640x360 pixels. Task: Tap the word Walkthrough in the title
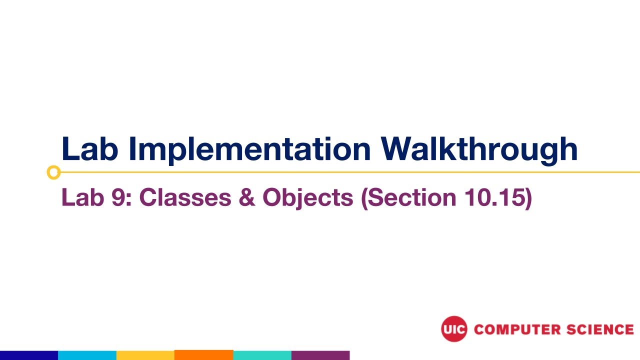tap(479, 148)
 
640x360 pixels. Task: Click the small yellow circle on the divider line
tap(53, 172)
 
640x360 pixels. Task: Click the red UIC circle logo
tap(454, 329)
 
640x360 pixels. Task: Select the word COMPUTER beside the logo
tap(517, 329)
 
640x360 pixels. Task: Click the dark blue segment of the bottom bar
tap(29, 355)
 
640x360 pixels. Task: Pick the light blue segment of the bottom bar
tap(87, 355)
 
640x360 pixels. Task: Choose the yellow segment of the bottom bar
tap(145, 355)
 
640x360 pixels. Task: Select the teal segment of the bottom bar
tap(262, 355)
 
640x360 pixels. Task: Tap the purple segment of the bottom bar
tap(320, 355)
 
